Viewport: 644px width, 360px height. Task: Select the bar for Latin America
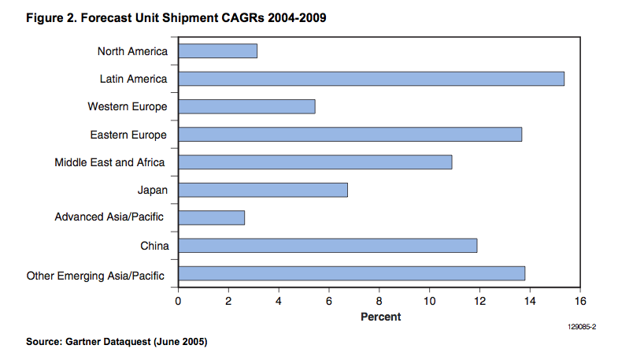pyautogui.click(x=371, y=79)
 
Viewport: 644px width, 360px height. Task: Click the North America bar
pyautogui.click(x=217, y=51)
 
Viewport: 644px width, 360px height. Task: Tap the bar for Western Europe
pyautogui.click(x=246, y=106)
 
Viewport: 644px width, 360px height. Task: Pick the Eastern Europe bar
pyautogui.click(x=350, y=135)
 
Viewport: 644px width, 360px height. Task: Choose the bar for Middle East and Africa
pyautogui.click(x=315, y=162)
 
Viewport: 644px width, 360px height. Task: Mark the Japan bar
pyautogui.click(x=263, y=190)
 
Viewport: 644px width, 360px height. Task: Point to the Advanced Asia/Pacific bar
pyautogui.click(x=211, y=217)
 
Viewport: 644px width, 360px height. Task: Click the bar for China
pyautogui.click(x=328, y=246)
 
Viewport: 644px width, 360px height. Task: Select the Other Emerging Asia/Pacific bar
pyautogui.click(x=351, y=273)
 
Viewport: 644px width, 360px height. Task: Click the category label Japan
pyautogui.click(x=152, y=190)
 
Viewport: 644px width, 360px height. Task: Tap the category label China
pyautogui.click(x=154, y=246)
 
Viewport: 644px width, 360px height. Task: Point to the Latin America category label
pyautogui.click(x=133, y=79)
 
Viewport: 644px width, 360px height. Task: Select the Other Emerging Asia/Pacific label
pyautogui.click(x=96, y=276)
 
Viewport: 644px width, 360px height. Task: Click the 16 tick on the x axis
pyautogui.click(x=580, y=301)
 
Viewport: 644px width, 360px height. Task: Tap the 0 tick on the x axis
pyautogui.click(x=178, y=301)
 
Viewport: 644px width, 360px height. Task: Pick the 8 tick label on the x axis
pyautogui.click(x=379, y=301)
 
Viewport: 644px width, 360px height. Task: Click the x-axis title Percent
pyautogui.click(x=380, y=317)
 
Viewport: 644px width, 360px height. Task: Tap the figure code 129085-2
pyautogui.click(x=582, y=326)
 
